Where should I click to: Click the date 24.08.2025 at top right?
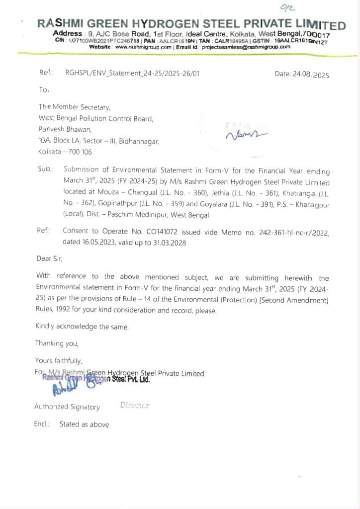(302, 75)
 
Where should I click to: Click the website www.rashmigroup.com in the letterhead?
(143, 46)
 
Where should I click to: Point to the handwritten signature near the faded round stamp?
(246, 135)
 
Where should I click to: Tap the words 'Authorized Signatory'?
(67, 407)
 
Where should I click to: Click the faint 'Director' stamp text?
(134, 405)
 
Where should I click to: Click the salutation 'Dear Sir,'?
(49, 258)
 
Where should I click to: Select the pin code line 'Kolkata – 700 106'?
(65, 152)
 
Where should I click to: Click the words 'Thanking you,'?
(57, 343)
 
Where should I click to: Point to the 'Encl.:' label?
(42, 424)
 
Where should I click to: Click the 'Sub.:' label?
(47, 169)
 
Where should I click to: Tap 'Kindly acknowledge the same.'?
(82, 327)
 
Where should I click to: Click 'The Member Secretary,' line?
(74, 107)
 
